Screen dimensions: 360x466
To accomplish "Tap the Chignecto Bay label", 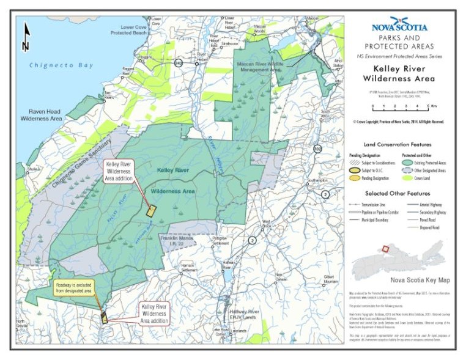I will pos(59,65).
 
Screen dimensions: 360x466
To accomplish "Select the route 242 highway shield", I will pos(179,62).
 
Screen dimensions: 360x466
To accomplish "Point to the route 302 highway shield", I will pos(317,149).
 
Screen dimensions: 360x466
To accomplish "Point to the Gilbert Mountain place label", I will pos(331,279).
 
